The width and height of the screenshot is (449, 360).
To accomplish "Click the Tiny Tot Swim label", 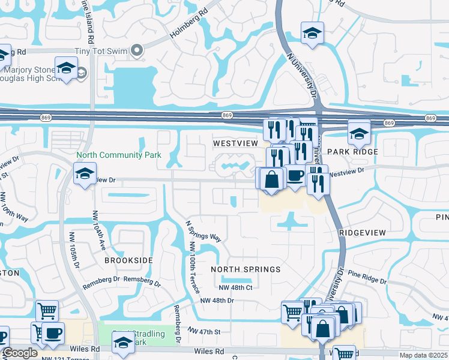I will tap(101, 52).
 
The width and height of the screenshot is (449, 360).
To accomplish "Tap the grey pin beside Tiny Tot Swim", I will tap(137, 52).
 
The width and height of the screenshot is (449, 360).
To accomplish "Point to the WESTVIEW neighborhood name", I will tap(236, 144).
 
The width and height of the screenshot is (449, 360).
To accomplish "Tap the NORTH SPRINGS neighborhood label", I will tap(246, 269).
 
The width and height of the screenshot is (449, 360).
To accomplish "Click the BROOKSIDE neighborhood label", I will tap(128, 261).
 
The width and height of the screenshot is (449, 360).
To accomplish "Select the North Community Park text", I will tap(119, 155).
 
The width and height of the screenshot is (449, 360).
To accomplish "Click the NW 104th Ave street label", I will tap(98, 231).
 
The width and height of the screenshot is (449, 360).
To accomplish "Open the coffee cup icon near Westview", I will tap(294, 175).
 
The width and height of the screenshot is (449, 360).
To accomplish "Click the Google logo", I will tap(20, 353).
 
